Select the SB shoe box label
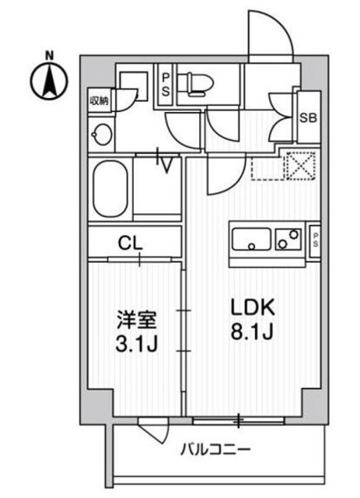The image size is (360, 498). tap(308, 117)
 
